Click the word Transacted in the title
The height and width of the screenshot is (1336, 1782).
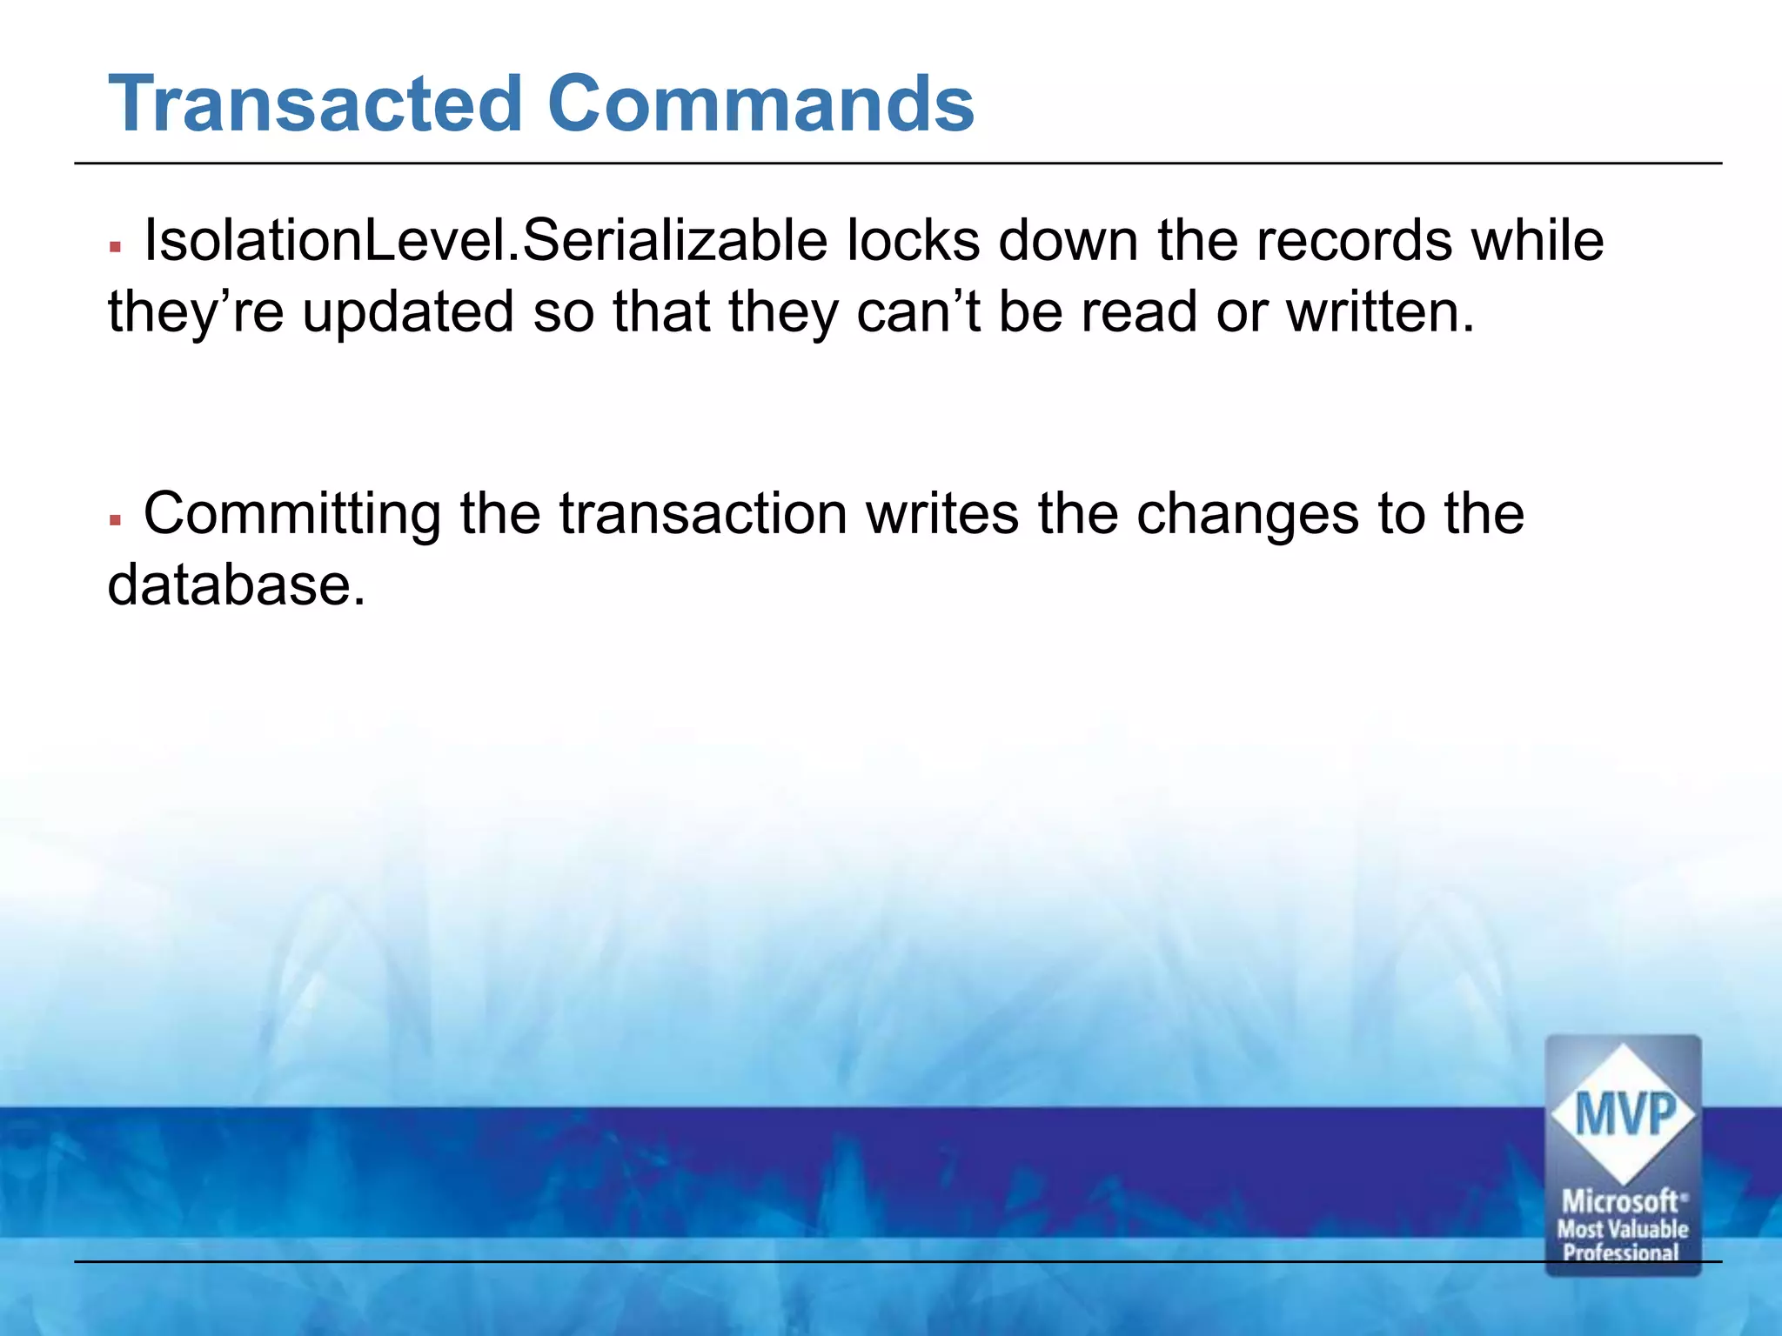click(x=314, y=104)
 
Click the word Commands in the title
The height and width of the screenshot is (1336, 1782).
click(x=760, y=104)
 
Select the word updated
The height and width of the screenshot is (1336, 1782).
click(x=408, y=312)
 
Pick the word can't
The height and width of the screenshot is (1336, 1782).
click(x=918, y=312)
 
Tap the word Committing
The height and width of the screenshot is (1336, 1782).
click(x=292, y=515)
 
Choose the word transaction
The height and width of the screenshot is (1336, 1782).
click(x=703, y=515)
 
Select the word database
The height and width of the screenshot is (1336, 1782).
click(x=236, y=585)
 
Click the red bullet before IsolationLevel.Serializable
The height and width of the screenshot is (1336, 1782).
click(x=115, y=248)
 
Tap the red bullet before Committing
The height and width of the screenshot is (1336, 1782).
click(x=115, y=521)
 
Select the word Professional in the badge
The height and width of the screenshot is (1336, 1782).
click(x=1621, y=1252)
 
